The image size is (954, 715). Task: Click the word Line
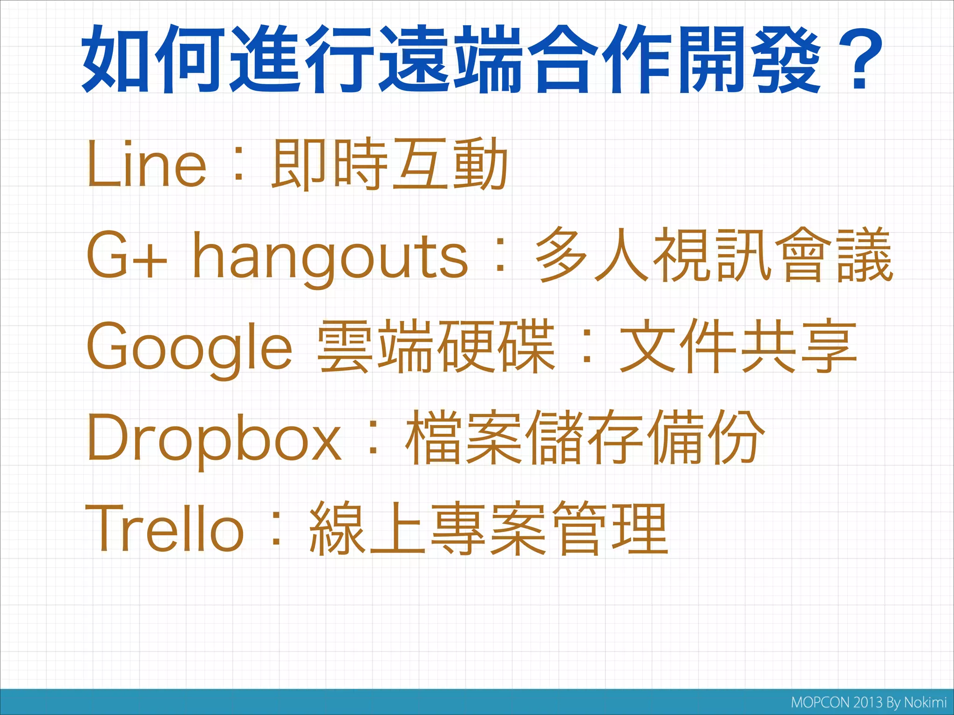pyautogui.click(x=146, y=165)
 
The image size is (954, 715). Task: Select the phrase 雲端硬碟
pyautogui.click(x=436, y=347)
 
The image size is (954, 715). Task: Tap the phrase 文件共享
pyautogui.click(x=738, y=347)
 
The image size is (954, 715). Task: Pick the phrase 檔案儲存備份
pyautogui.click(x=585, y=438)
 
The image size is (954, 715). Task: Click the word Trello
pyautogui.click(x=164, y=529)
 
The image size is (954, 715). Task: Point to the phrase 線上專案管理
pyautogui.click(x=489, y=529)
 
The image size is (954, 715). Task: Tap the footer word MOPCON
pyautogui.click(x=820, y=702)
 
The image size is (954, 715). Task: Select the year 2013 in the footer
pyautogui.click(x=868, y=702)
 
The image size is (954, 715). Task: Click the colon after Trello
pyautogui.click(x=277, y=531)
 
